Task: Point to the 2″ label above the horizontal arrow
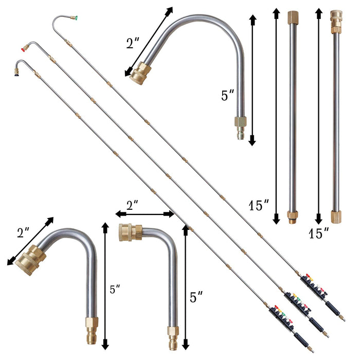point(132,205)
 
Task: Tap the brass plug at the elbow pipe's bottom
point(172,332)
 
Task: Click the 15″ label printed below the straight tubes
point(319,233)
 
